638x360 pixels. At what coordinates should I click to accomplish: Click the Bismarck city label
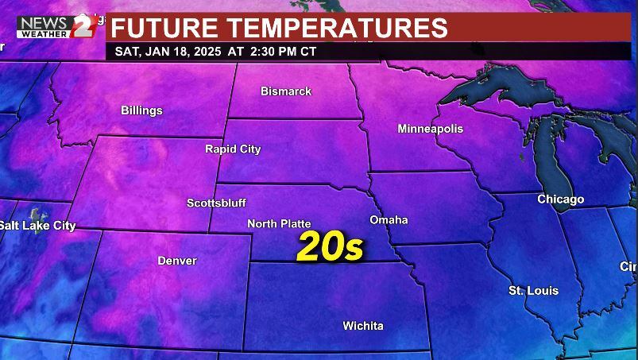coord(286,91)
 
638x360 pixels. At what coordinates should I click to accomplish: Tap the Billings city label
coord(141,110)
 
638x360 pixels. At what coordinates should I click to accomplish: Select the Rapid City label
coord(233,149)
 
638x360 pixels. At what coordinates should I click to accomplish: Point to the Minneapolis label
coord(430,129)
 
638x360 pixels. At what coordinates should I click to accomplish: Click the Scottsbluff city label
coord(216,203)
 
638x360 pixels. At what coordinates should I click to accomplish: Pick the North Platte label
coord(279,224)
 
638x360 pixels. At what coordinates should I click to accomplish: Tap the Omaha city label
coord(389,219)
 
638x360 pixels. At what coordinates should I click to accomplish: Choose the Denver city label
coord(177,261)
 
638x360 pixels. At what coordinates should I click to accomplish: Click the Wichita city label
coord(363,326)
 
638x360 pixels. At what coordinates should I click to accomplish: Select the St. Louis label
coord(533,291)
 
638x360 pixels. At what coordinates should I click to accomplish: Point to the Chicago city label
coord(560,199)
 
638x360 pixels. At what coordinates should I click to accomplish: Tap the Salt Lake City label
coord(37,226)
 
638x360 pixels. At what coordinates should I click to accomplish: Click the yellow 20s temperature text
coord(330,247)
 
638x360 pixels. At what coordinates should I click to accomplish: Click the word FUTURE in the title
coord(165,28)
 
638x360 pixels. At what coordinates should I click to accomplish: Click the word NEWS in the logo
coord(44,21)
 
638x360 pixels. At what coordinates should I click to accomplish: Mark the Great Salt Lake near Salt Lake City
coord(35,214)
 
